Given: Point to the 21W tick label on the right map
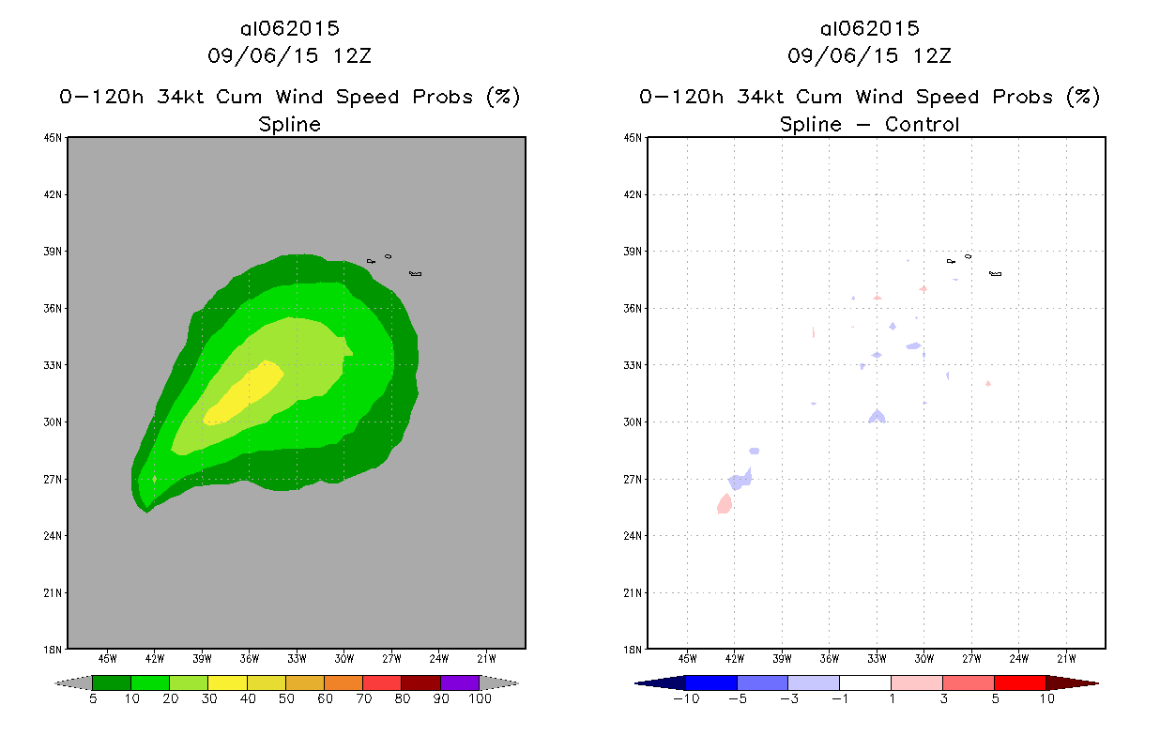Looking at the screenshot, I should pyautogui.click(x=1066, y=657).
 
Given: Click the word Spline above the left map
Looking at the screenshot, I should pyautogui.click(x=290, y=124).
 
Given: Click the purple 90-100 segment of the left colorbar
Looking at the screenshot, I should pyautogui.click(x=460, y=682).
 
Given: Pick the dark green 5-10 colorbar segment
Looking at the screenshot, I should pyautogui.click(x=112, y=682).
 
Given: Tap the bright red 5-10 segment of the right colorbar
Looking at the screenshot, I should pyautogui.click(x=1019, y=682).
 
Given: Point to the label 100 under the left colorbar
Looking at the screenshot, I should pyautogui.click(x=480, y=699).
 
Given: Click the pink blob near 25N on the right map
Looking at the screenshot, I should pyautogui.click(x=725, y=504).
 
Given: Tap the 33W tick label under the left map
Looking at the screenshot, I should pyautogui.click(x=297, y=657).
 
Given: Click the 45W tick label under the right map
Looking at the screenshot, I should pyautogui.click(x=687, y=657).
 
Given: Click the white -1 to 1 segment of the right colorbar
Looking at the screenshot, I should pyautogui.click(x=864, y=682).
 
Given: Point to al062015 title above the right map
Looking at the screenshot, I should pyautogui.click(x=870, y=28).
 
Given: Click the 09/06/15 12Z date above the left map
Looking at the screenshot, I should pyautogui.click(x=290, y=55).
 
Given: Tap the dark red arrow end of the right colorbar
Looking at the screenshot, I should pyautogui.click(x=1071, y=682).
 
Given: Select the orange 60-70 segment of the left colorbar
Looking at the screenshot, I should pyautogui.click(x=343, y=682).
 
